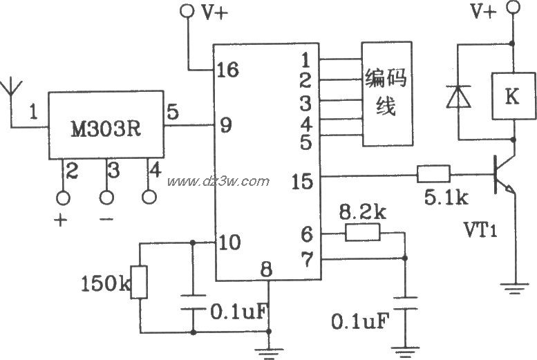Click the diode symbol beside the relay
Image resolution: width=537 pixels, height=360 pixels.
point(457,97)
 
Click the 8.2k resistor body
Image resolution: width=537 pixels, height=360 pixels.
point(364,233)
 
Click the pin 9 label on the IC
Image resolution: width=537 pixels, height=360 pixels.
point(225,126)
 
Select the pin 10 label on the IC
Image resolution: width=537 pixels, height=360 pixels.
point(229,243)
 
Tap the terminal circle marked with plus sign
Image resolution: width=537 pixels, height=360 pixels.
point(64,198)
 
